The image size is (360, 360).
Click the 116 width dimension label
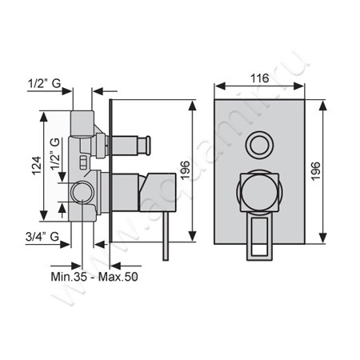259,78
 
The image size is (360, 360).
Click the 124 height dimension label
37,166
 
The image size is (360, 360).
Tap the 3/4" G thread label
42,236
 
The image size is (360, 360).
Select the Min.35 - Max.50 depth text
94,277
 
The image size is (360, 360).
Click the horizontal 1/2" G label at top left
45,83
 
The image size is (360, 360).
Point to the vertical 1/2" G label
55,154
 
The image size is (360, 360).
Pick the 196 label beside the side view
185,170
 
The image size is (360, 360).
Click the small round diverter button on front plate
259,145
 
